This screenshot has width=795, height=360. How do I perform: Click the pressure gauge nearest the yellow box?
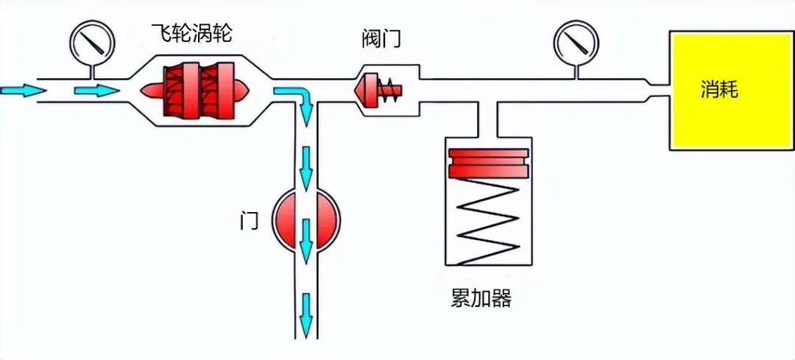coord(576,40)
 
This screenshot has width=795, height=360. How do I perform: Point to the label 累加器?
coord(481,299)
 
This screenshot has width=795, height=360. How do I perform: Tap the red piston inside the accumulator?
coord(488,163)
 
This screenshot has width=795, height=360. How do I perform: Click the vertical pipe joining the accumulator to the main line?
coord(488,119)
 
